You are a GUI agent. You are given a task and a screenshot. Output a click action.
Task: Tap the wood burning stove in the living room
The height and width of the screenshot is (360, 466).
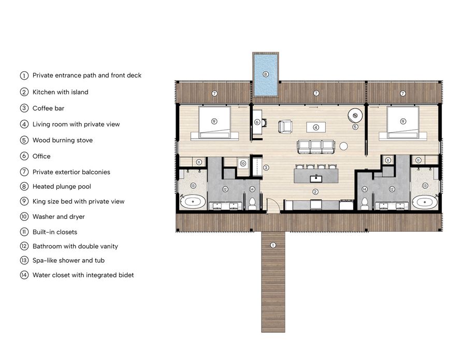(x=355, y=115)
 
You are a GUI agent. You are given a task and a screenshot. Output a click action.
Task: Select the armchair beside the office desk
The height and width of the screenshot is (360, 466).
(x=285, y=126)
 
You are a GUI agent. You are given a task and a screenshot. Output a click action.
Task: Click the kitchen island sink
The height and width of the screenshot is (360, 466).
(x=316, y=178)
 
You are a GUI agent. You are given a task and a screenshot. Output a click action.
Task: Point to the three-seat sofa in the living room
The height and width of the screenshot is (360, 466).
(x=316, y=147)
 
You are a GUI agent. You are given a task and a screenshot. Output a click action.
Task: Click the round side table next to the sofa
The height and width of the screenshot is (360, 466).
(x=344, y=146)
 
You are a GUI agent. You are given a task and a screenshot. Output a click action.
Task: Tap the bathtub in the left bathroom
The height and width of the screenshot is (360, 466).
(x=193, y=202)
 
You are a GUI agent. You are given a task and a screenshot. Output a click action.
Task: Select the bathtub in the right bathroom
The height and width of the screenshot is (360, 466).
(x=425, y=202)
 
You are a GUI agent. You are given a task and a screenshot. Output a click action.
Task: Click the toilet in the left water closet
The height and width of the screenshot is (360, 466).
(x=252, y=203)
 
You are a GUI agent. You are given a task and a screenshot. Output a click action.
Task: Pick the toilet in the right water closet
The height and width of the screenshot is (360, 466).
(x=365, y=203)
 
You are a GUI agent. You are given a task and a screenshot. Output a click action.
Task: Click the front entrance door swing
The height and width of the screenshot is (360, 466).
(x=273, y=205)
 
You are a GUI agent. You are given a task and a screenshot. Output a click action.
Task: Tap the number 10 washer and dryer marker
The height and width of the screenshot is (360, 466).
(x=243, y=163)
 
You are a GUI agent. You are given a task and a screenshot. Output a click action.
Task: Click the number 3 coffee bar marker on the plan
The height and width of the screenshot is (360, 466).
(x=266, y=168)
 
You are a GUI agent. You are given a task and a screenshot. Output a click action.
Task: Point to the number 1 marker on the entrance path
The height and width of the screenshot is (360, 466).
(x=273, y=245)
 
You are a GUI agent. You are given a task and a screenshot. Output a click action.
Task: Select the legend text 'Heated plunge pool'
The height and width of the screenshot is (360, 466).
(x=62, y=187)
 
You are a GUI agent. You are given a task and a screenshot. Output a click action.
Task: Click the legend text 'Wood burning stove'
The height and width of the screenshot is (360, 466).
(x=63, y=140)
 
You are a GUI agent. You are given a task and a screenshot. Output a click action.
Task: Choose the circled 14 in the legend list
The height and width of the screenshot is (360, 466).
(x=24, y=275)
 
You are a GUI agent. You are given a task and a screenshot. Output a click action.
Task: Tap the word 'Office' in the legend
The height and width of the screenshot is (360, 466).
(x=41, y=156)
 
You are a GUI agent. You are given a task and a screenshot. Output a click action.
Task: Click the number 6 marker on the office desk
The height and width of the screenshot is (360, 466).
(x=257, y=122)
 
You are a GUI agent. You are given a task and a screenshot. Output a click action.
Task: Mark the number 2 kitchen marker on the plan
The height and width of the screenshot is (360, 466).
(x=315, y=192)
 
